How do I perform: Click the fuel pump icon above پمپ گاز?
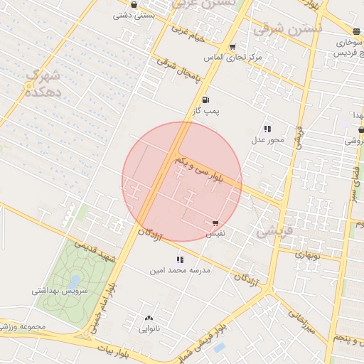206,100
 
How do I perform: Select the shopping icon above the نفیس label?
215,223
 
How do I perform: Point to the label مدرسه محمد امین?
179,271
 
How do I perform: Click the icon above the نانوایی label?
149,318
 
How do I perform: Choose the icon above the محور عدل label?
267,129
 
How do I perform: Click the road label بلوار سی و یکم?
200,172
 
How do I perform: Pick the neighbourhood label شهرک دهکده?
41,82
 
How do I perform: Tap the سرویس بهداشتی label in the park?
58,291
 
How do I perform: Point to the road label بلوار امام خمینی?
104,306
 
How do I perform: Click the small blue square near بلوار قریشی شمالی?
219,348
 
